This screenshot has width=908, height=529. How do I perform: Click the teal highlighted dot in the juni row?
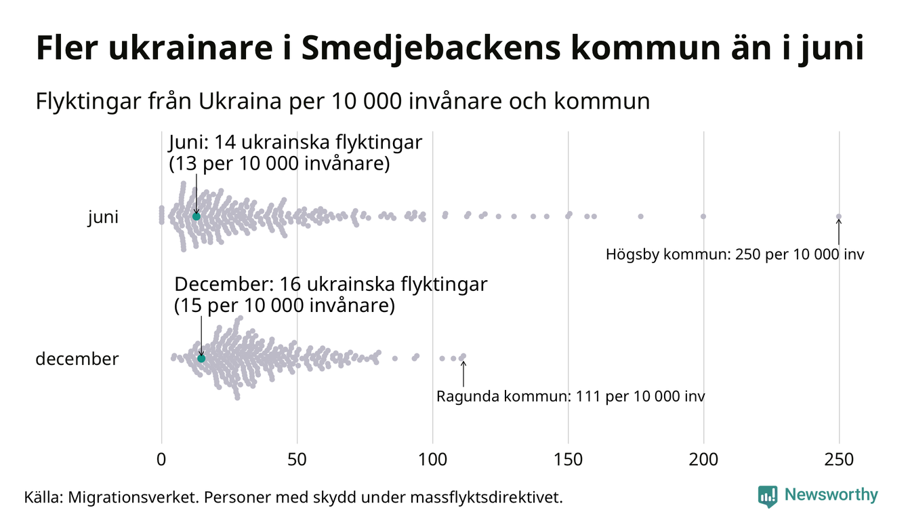tap(197, 216)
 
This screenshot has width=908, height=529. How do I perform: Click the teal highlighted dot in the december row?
tap(201, 358)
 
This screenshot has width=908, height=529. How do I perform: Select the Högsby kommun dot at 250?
tap(839, 217)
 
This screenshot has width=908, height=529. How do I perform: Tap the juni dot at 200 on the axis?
tap(703, 216)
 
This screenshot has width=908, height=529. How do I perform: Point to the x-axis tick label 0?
tap(161, 459)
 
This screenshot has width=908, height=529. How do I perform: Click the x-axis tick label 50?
tap(297, 459)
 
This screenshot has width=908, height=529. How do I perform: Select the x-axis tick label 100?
tap(432, 459)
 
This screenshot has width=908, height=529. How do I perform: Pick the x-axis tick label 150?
tap(568, 459)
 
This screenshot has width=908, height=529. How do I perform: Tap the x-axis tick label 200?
tap(703, 459)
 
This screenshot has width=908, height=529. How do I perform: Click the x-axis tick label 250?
tap(839, 459)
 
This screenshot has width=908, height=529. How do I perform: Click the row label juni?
tap(103, 218)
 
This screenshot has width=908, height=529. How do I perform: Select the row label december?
tap(77, 359)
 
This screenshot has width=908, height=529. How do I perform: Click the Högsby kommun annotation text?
tap(735, 255)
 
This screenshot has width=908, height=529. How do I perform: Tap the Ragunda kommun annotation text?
tap(571, 396)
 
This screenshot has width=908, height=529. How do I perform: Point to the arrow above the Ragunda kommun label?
tap(463, 373)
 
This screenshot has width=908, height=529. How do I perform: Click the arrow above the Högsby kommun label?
tap(839, 232)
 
